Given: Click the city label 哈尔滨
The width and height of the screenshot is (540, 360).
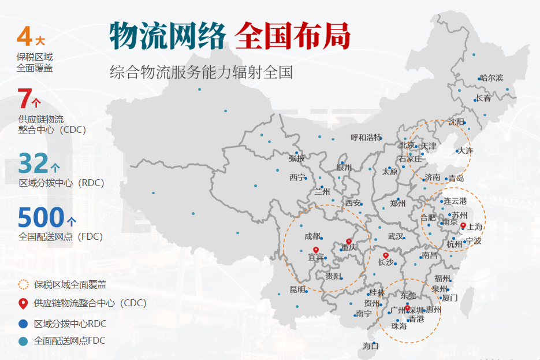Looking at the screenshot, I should click(491, 78).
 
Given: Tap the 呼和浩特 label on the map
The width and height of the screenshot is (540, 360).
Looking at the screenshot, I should click(366, 138).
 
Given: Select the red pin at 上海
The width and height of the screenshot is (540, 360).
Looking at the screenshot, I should click(463, 225).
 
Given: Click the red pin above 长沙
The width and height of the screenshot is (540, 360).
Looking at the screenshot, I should click(386, 255).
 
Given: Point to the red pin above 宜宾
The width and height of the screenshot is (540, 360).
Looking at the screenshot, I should click(315, 250).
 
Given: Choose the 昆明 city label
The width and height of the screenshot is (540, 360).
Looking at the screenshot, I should click(297, 290).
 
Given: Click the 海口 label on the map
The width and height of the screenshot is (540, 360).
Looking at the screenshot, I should click(370, 346).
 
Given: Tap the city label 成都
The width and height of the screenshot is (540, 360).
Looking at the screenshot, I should click(312, 236).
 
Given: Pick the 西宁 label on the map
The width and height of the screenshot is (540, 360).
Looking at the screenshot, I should click(297, 177).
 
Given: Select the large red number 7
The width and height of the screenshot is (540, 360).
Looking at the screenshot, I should click(24, 99).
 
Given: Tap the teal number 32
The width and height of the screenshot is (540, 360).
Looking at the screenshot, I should click(33, 163).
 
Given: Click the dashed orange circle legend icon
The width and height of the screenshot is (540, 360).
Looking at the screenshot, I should click(23, 284).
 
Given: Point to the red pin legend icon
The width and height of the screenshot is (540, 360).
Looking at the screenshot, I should click(23, 303).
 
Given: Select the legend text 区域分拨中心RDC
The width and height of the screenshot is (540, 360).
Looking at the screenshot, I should click(70, 324).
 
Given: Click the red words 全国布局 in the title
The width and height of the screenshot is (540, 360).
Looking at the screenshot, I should click(293, 36).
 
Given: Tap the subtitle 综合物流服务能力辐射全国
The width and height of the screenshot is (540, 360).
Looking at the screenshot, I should click(202, 72).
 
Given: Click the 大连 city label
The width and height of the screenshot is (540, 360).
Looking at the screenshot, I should click(465, 151).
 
